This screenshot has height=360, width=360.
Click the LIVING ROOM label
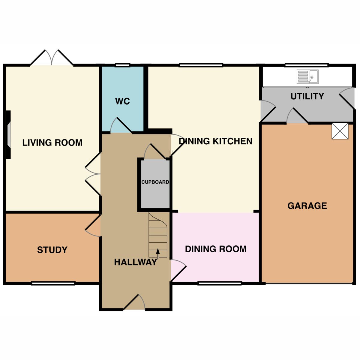click(52, 142)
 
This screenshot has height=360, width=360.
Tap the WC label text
click(122, 101)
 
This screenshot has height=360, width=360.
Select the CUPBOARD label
click(155, 182)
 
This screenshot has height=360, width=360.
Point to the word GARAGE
click(307, 206)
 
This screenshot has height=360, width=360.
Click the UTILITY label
click(307, 96)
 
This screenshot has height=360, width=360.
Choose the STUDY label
click(52, 250)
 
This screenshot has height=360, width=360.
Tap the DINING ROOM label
click(216, 249)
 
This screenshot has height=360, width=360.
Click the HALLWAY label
click(136, 262)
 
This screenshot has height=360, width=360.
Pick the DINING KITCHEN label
click(216, 141)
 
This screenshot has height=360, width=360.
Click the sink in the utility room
click(307, 77)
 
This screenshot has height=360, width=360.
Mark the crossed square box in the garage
click(340, 131)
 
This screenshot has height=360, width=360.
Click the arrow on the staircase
click(158, 253)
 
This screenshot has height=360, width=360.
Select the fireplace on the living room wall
click(8, 134)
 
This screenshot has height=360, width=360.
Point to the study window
click(53, 283)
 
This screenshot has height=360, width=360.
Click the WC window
click(123, 65)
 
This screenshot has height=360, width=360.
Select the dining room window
click(220, 283)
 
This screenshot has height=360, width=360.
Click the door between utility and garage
click(297, 116)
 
